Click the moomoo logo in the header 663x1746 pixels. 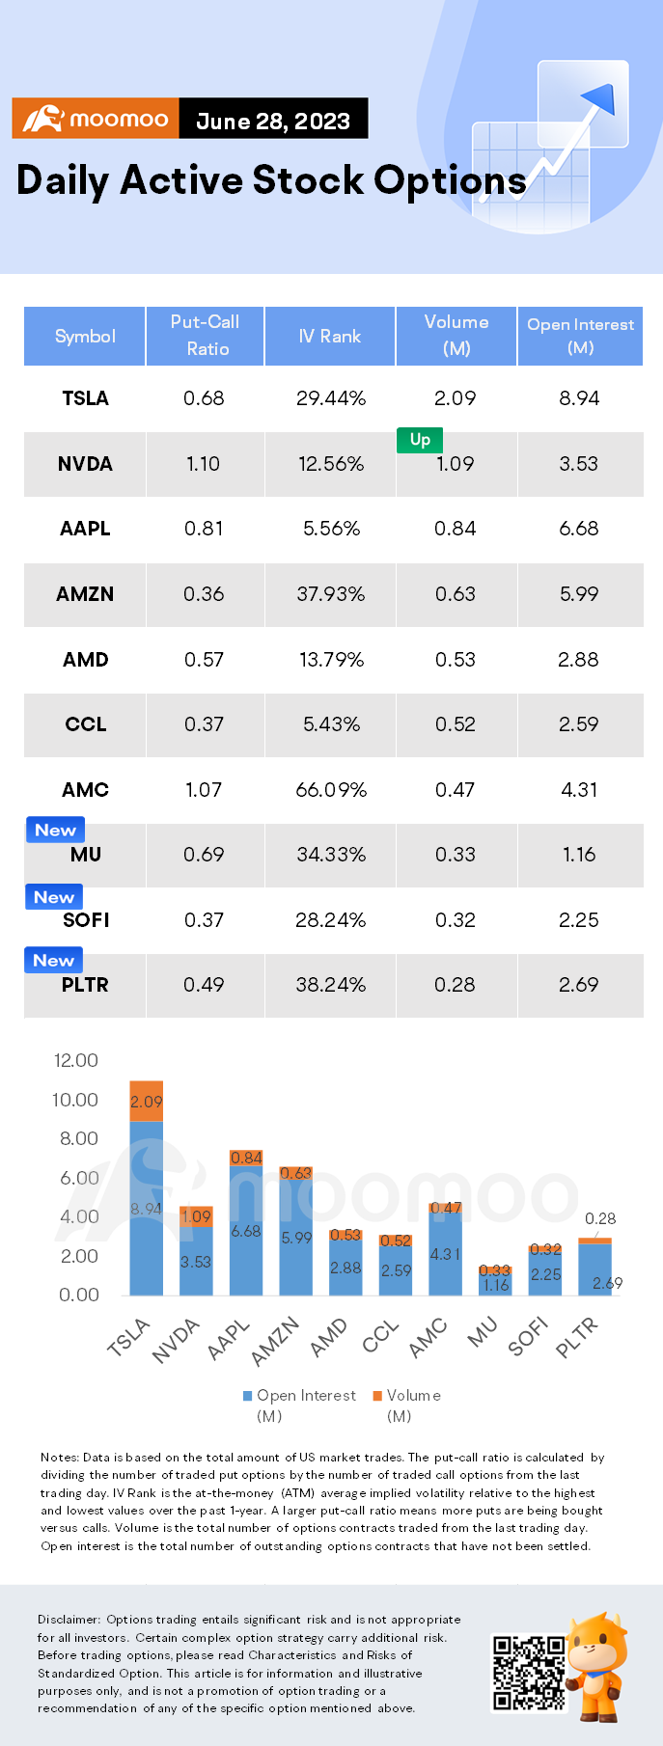tap(96, 119)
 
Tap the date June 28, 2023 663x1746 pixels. tap(273, 121)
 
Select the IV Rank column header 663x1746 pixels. tap(330, 336)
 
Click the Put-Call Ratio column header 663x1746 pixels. tap(205, 335)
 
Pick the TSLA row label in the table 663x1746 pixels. tap(85, 398)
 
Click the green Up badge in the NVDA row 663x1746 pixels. tap(420, 440)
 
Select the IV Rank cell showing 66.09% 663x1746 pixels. tap(331, 790)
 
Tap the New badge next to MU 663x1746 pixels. tap(55, 830)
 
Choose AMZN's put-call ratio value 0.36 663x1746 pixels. tap(204, 594)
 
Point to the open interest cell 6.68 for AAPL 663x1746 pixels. tap(579, 529)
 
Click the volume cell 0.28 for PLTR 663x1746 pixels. tap(455, 985)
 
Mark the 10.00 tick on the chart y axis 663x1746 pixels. tap(75, 1100)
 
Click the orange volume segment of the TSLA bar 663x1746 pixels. tap(147, 1101)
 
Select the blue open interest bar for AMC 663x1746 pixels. tap(445, 1253)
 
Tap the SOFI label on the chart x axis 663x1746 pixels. tap(528, 1336)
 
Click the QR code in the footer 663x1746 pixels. tap(529, 1672)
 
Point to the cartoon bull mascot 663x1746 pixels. tap(597, 1666)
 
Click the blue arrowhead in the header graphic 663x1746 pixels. tap(601, 97)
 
